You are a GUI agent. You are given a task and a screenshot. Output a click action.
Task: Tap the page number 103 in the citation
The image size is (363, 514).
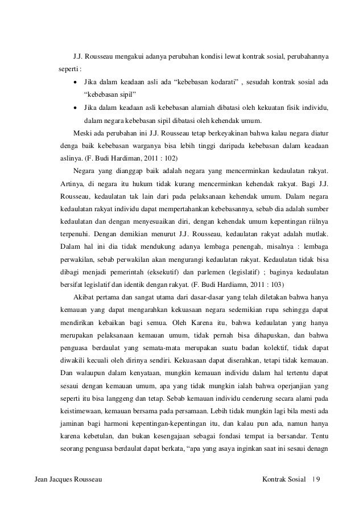point(278,283)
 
